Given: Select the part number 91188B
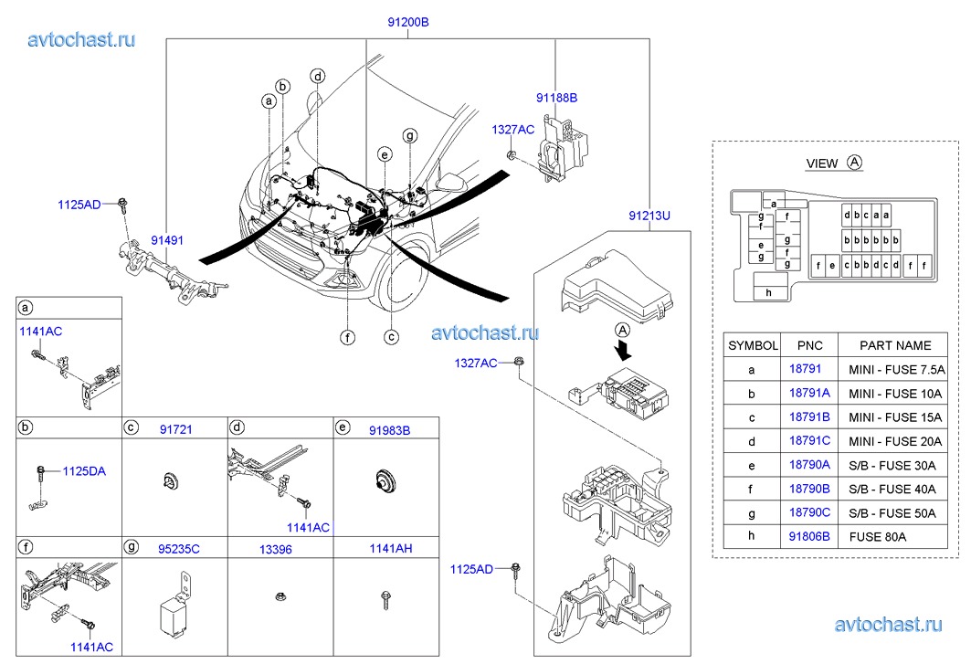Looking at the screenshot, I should tap(556, 97).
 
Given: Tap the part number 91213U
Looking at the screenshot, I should tap(649, 216).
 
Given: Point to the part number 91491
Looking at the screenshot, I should tap(167, 241).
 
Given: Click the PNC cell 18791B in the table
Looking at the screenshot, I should tap(808, 416).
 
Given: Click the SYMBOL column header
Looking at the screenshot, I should tap(753, 345).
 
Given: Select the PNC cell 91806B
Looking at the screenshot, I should tap(808, 536).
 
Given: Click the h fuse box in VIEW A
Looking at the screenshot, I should tap(769, 292).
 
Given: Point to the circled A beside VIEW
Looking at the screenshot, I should tap(854, 163).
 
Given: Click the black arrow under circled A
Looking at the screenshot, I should tap(624, 349).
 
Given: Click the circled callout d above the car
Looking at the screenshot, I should tap(317, 76).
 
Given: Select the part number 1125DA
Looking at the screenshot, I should tap(84, 472).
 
